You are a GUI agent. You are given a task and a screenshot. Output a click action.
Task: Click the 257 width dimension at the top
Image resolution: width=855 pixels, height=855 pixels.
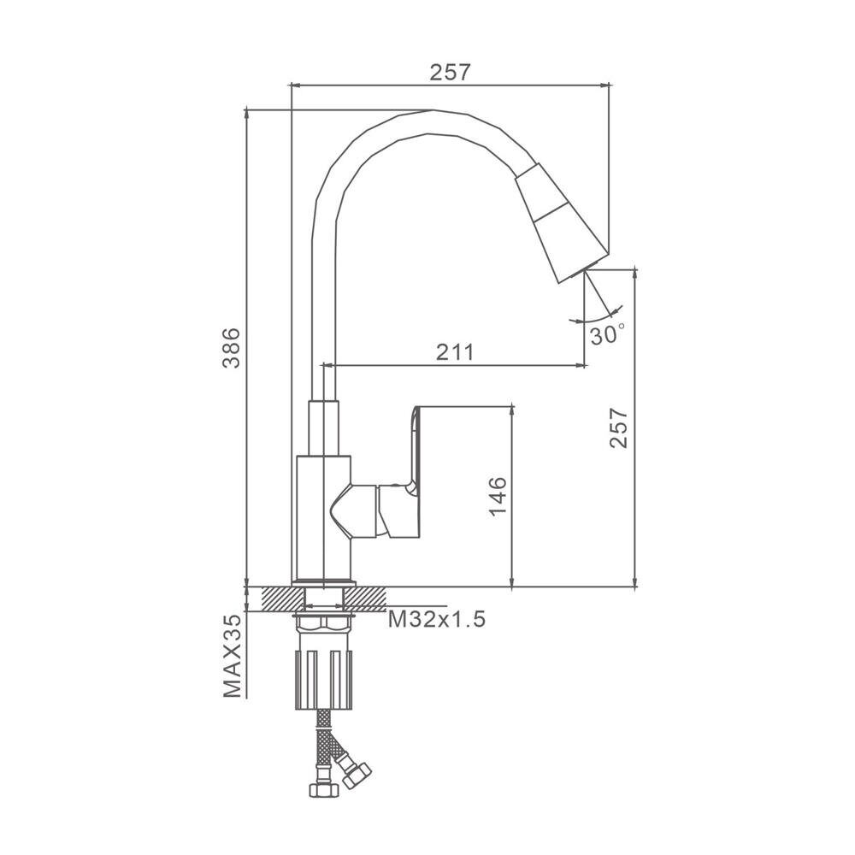[450, 73]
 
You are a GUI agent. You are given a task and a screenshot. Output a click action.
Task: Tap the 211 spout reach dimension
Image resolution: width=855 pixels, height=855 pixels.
[455, 353]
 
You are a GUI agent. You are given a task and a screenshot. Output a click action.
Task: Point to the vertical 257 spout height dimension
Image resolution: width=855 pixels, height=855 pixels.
[618, 427]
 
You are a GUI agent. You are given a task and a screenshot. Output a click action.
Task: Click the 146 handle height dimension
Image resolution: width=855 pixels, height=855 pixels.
[498, 496]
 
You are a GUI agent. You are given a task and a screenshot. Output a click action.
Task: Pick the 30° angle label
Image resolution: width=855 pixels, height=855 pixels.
[607, 334]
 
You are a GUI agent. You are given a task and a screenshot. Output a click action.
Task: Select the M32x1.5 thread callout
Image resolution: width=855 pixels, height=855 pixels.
[437, 619]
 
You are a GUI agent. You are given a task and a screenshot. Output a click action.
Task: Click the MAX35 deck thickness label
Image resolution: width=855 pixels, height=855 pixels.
[232, 656]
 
